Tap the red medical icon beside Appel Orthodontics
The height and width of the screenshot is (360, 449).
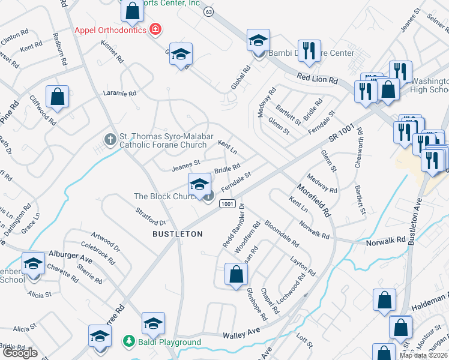tap(155, 29)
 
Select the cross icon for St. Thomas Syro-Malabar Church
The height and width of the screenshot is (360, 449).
tap(110, 139)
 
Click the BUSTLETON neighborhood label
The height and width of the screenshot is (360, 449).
tap(177, 233)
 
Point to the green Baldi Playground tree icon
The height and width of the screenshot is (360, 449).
tap(128, 341)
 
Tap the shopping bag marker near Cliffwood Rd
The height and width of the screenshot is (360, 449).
tap(57, 97)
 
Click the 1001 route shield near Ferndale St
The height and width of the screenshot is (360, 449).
tap(226, 205)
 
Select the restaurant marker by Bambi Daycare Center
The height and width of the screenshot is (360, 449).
tap(309, 51)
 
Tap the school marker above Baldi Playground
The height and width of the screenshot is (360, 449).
tap(153, 324)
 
